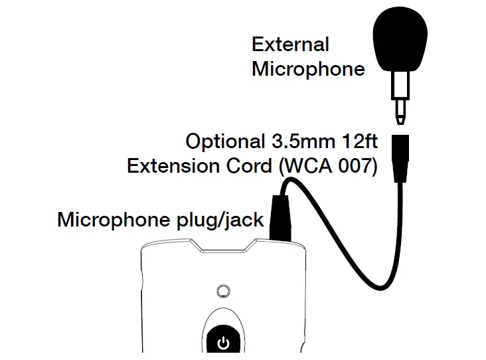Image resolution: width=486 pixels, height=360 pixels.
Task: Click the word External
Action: [290, 45]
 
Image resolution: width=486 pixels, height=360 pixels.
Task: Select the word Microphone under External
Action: [308, 68]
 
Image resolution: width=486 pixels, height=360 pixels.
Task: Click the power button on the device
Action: [224, 343]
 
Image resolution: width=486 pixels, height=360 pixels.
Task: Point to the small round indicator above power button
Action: [224, 291]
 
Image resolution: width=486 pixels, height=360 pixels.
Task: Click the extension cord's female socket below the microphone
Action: [402, 157]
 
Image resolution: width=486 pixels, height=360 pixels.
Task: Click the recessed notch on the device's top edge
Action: [223, 250]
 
